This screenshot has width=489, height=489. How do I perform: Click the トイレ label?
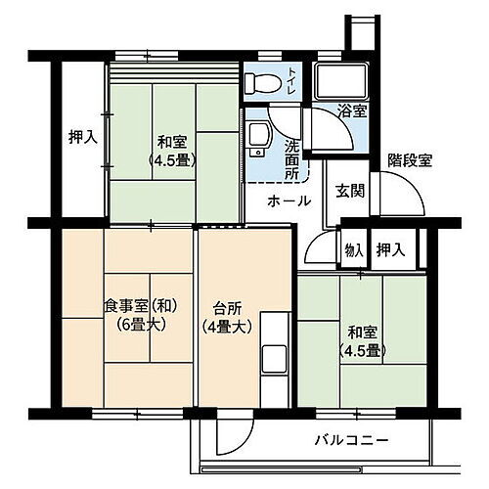coord(293,79)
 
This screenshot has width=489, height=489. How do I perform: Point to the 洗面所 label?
coord(291,157)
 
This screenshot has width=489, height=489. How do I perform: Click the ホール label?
coord(290,200)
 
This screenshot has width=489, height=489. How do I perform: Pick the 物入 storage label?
coord(353,250)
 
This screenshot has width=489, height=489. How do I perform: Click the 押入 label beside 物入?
coord(391,250)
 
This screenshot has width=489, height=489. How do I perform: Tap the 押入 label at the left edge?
coord(83,138)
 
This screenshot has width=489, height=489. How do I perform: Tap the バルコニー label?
coord(354,439)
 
